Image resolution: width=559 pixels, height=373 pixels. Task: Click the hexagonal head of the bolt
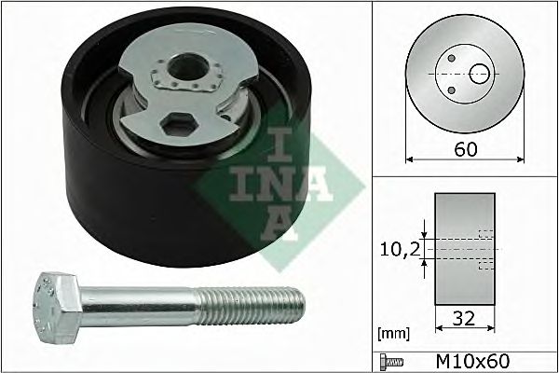point(58,308)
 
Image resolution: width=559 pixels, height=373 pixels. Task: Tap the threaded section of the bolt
point(251,306)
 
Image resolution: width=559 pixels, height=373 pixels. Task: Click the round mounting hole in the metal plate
point(188,67)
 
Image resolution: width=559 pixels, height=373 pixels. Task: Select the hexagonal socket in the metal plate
point(179,124)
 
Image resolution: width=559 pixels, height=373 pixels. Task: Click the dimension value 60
point(465,149)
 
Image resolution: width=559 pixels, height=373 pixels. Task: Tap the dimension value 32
point(464,318)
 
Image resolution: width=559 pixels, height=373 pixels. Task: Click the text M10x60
point(473,362)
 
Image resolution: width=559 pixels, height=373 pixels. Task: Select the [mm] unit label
point(393,334)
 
